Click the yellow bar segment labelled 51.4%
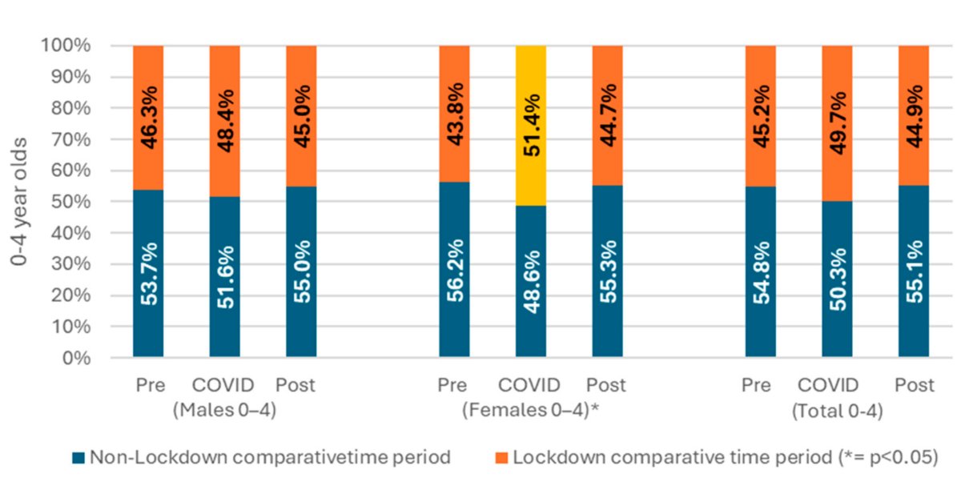(531, 126)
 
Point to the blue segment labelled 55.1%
(914, 271)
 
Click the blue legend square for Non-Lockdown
(78, 458)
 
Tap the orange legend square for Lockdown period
(501, 458)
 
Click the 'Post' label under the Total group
(914, 386)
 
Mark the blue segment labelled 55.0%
(301, 272)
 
